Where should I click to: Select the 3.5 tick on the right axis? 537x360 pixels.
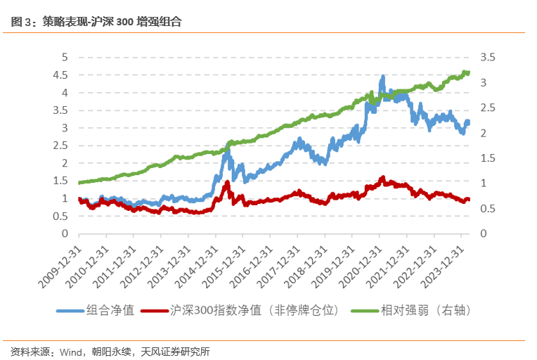coord(489,58)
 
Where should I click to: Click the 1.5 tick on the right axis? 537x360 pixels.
coord(489,158)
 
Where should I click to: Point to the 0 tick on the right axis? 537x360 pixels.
coord(484,233)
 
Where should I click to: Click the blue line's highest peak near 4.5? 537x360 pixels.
coord(382,77)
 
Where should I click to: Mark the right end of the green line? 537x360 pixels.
coord(469,72)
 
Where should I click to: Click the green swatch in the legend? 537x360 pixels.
coord(365,309)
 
